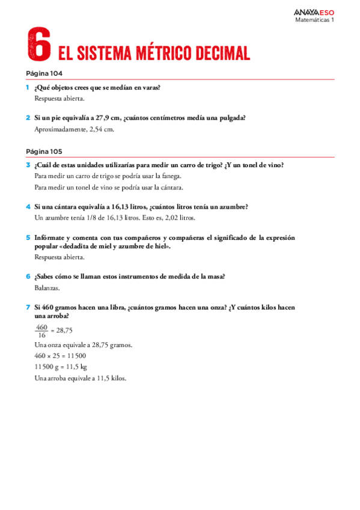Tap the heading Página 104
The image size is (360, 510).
(x=43, y=73)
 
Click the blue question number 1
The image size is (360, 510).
(x=28, y=87)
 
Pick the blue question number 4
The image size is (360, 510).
(x=28, y=206)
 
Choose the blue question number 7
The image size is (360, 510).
(x=28, y=307)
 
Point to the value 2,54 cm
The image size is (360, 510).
(x=102, y=129)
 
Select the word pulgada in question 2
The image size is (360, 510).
(x=231, y=118)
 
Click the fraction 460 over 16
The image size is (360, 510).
(x=41, y=330)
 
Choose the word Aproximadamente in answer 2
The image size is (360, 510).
(x=61, y=129)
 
